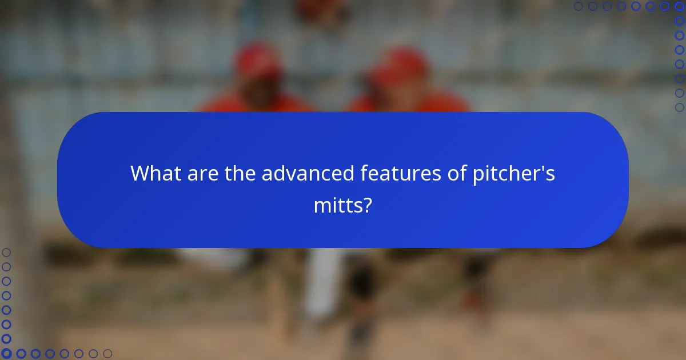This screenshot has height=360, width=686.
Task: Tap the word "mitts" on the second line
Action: click(338, 205)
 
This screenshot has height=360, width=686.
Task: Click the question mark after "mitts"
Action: click(368, 205)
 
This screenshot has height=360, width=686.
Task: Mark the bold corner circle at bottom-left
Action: click(7, 354)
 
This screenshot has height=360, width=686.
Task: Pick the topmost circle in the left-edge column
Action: click(7, 253)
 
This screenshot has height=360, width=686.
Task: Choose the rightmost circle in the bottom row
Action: click(107, 354)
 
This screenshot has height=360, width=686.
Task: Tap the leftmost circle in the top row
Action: click(579, 6)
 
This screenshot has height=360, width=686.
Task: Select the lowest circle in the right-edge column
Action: click(680, 107)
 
